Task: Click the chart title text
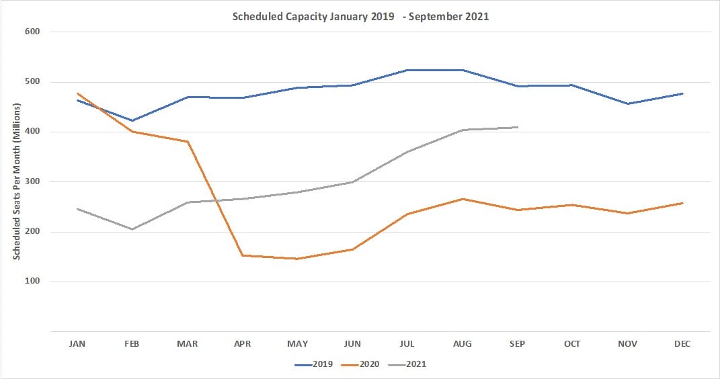pos(360,17)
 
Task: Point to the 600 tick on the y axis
pos(32,32)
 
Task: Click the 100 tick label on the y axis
pos(32,282)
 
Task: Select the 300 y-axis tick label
pos(32,181)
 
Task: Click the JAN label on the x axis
pos(77,343)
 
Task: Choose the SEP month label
pos(517,343)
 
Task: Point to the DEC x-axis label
pos(682,343)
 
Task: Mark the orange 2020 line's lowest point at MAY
pos(297,259)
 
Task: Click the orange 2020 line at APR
pos(242,255)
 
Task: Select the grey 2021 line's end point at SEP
pos(517,127)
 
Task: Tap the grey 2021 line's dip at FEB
pos(132,229)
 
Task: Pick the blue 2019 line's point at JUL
pos(407,70)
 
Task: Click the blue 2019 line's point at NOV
pos(627,103)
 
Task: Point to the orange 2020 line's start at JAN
pos(77,93)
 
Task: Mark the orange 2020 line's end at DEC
pos(682,203)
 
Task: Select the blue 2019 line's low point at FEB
pos(132,121)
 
